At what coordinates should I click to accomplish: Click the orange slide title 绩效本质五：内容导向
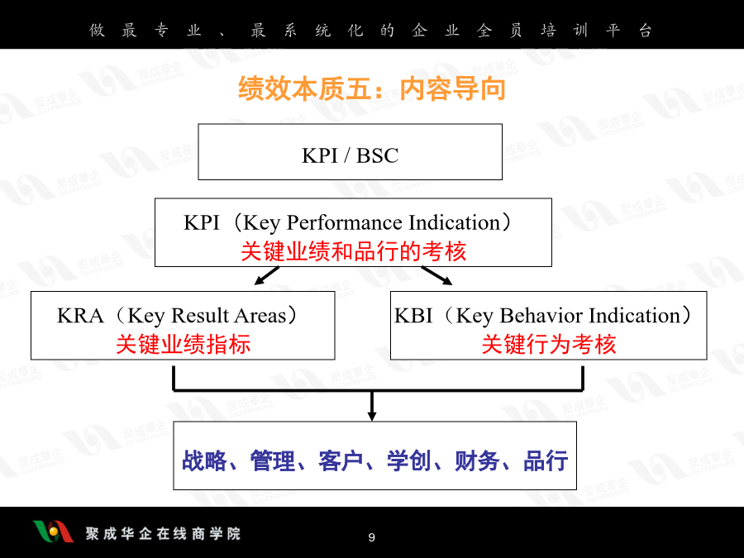point(371,88)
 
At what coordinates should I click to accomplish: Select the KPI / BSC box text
point(351,155)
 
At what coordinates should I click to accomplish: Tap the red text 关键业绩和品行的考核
point(354,251)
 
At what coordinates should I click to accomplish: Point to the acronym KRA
point(80,316)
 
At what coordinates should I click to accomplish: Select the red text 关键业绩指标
point(184,344)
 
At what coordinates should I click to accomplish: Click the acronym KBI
point(413,316)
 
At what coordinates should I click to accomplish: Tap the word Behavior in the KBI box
point(541,316)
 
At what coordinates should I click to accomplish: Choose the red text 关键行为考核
point(549,344)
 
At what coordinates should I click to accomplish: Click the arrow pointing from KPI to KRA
point(267,275)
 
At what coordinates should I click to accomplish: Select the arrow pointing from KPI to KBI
point(437,275)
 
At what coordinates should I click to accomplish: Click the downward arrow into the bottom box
point(372,406)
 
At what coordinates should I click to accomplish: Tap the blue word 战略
point(204,460)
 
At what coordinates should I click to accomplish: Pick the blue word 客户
point(341,460)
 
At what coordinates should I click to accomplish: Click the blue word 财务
point(477,460)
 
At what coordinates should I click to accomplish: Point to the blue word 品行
point(546,460)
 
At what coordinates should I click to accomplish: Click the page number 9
point(371,537)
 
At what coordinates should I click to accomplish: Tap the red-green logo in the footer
point(53,532)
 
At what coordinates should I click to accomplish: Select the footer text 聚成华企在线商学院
point(163,534)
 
